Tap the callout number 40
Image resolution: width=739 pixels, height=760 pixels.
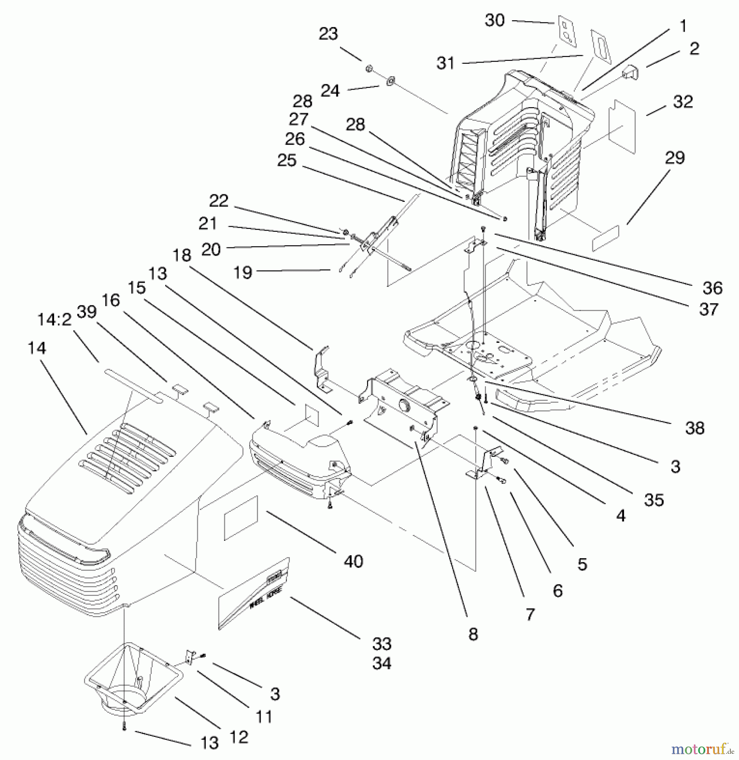pyautogui.click(x=353, y=561)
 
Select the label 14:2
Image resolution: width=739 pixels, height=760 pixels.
pyautogui.click(x=55, y=320)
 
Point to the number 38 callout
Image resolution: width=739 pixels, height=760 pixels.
pyautogui.click(x=695, y=428)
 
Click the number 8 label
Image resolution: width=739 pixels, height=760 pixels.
pyautogui.click(x=473, y=634)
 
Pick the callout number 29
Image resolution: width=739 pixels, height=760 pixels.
pyautogui.click(x=675, y=157)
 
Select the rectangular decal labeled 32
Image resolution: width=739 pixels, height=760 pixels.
pyautogui.click(x=622, y=127)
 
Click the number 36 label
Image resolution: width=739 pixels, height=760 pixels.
pyautogui.click(x=712, y=288)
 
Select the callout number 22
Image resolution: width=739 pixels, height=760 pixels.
pyautogui.click(x=218, y=200)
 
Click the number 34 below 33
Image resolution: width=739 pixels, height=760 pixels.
pyautogui.click(x=382, y=663)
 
